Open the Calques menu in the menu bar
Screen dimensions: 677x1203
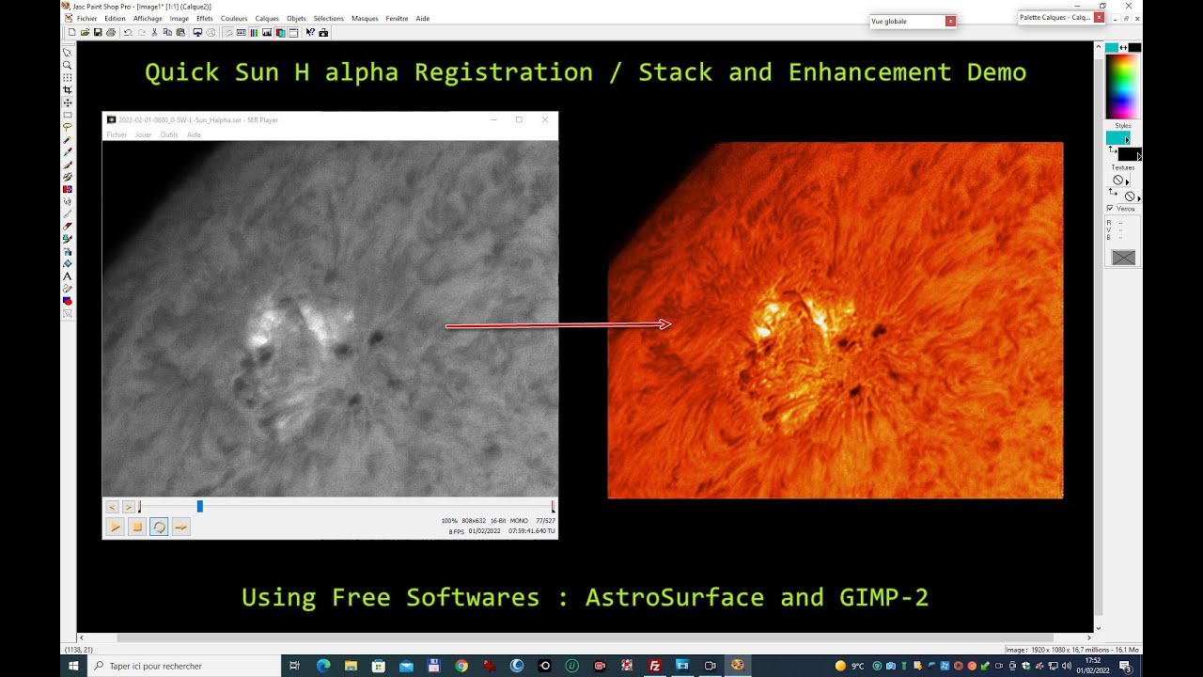[x=267, y=19]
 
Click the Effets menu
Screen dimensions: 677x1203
[x=204, y=19]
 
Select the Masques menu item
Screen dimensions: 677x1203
[x=365, y=19]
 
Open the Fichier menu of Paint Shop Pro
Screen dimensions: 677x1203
[x=86, y=19]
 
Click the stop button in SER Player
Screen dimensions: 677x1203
[x=136, y=527]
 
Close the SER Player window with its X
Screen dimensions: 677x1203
[x=544, y=119]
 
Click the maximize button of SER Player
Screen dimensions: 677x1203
[x=519, y=119]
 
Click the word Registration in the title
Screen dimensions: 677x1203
[x=504, y=72]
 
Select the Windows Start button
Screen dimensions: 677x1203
[x=72, y=666]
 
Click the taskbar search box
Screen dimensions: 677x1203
[x=183, y=666]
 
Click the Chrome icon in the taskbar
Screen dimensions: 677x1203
[x=461, y=666]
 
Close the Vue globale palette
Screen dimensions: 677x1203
[x=950, y=21]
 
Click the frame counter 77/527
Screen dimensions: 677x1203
[x=545, y=520]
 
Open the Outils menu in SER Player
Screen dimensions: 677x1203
[x=169, y=134]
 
